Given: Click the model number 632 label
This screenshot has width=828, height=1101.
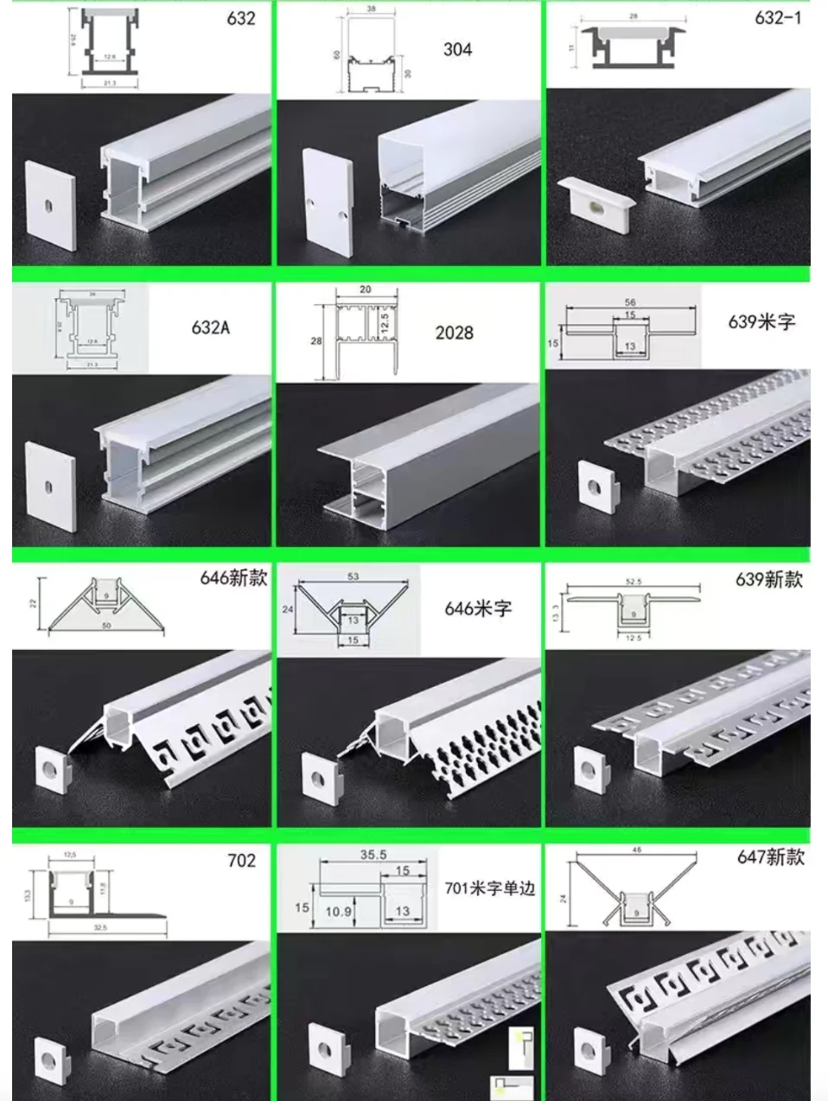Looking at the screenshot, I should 241,18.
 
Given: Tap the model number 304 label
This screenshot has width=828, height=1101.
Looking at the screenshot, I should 457,49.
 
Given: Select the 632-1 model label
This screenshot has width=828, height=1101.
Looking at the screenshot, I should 778,17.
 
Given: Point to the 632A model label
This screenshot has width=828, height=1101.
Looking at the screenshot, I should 211,328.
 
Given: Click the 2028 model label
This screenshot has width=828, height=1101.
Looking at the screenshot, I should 454,332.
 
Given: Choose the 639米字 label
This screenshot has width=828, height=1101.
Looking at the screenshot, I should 761,321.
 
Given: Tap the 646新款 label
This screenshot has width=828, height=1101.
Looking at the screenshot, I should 233,577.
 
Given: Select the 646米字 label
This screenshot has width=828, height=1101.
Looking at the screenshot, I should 478,608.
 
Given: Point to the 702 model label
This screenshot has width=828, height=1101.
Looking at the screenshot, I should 241,860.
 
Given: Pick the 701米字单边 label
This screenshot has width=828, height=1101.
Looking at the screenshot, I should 490,888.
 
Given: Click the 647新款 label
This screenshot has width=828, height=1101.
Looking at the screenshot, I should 770,856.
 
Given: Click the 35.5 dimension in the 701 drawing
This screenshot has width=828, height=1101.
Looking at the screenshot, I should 373,855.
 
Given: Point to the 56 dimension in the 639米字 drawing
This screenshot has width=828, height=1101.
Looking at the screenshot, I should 630,302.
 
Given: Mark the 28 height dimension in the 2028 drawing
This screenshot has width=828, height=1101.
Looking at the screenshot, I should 316,340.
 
